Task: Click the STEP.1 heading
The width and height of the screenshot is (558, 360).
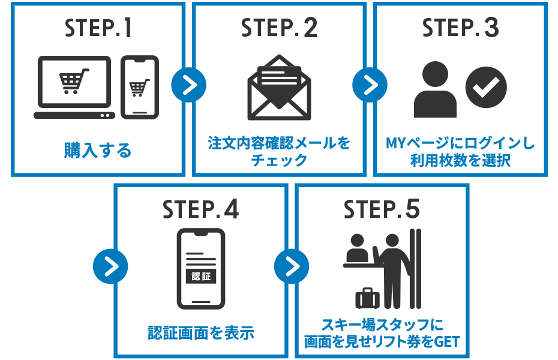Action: pyautogui.click(x=98, y=29)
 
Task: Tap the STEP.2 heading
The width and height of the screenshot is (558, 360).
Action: pyautogui.click(x=279, y=29)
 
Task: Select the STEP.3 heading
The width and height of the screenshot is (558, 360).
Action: pyautogui.click(x=460, y=29)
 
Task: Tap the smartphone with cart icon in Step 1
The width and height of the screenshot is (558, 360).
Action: pyautogui.click(x=139, y=88)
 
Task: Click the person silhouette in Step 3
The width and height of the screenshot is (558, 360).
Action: pyautogui.click(x=436, y=89)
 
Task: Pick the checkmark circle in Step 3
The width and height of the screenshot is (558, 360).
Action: pyautogui.click(x=486, y=87)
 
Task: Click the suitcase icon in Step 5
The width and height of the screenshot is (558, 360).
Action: pyautogui.click(x=367, y=298)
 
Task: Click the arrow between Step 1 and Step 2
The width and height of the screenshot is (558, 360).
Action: pyautogui.click(x=188, y=86)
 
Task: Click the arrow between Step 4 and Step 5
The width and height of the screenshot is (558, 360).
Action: pyautogui.click(x=292, y=266)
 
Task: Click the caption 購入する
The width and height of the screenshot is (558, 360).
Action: pyautogui.click(x=98, y=151)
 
